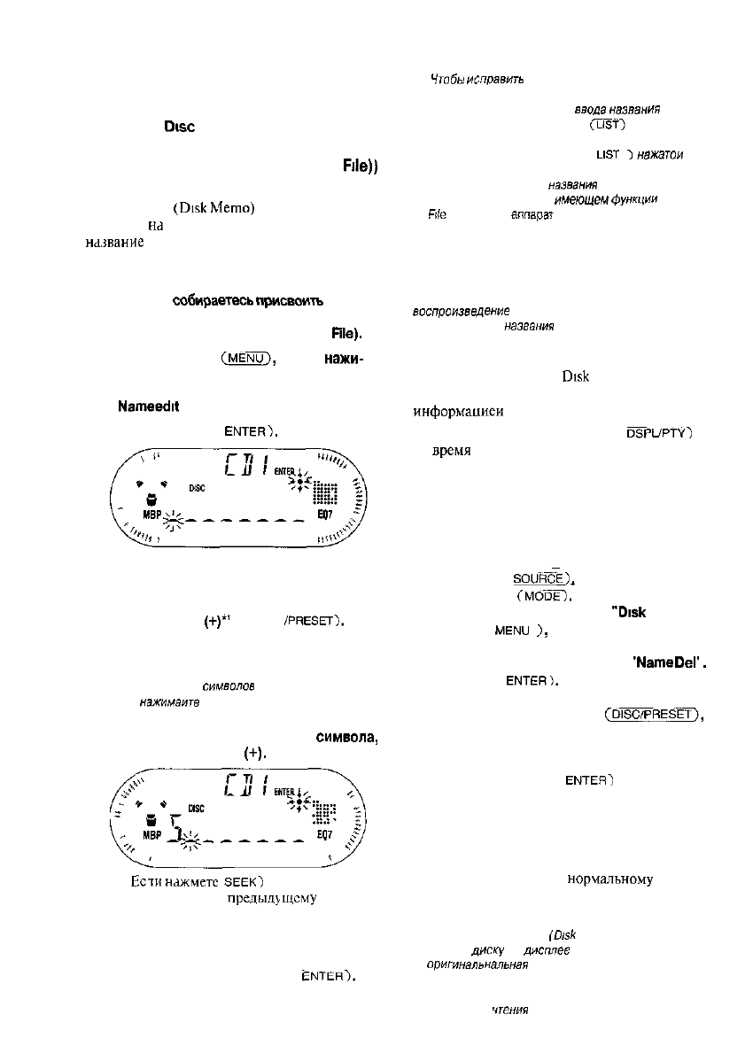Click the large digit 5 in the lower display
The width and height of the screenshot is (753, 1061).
tap(175, 828)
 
